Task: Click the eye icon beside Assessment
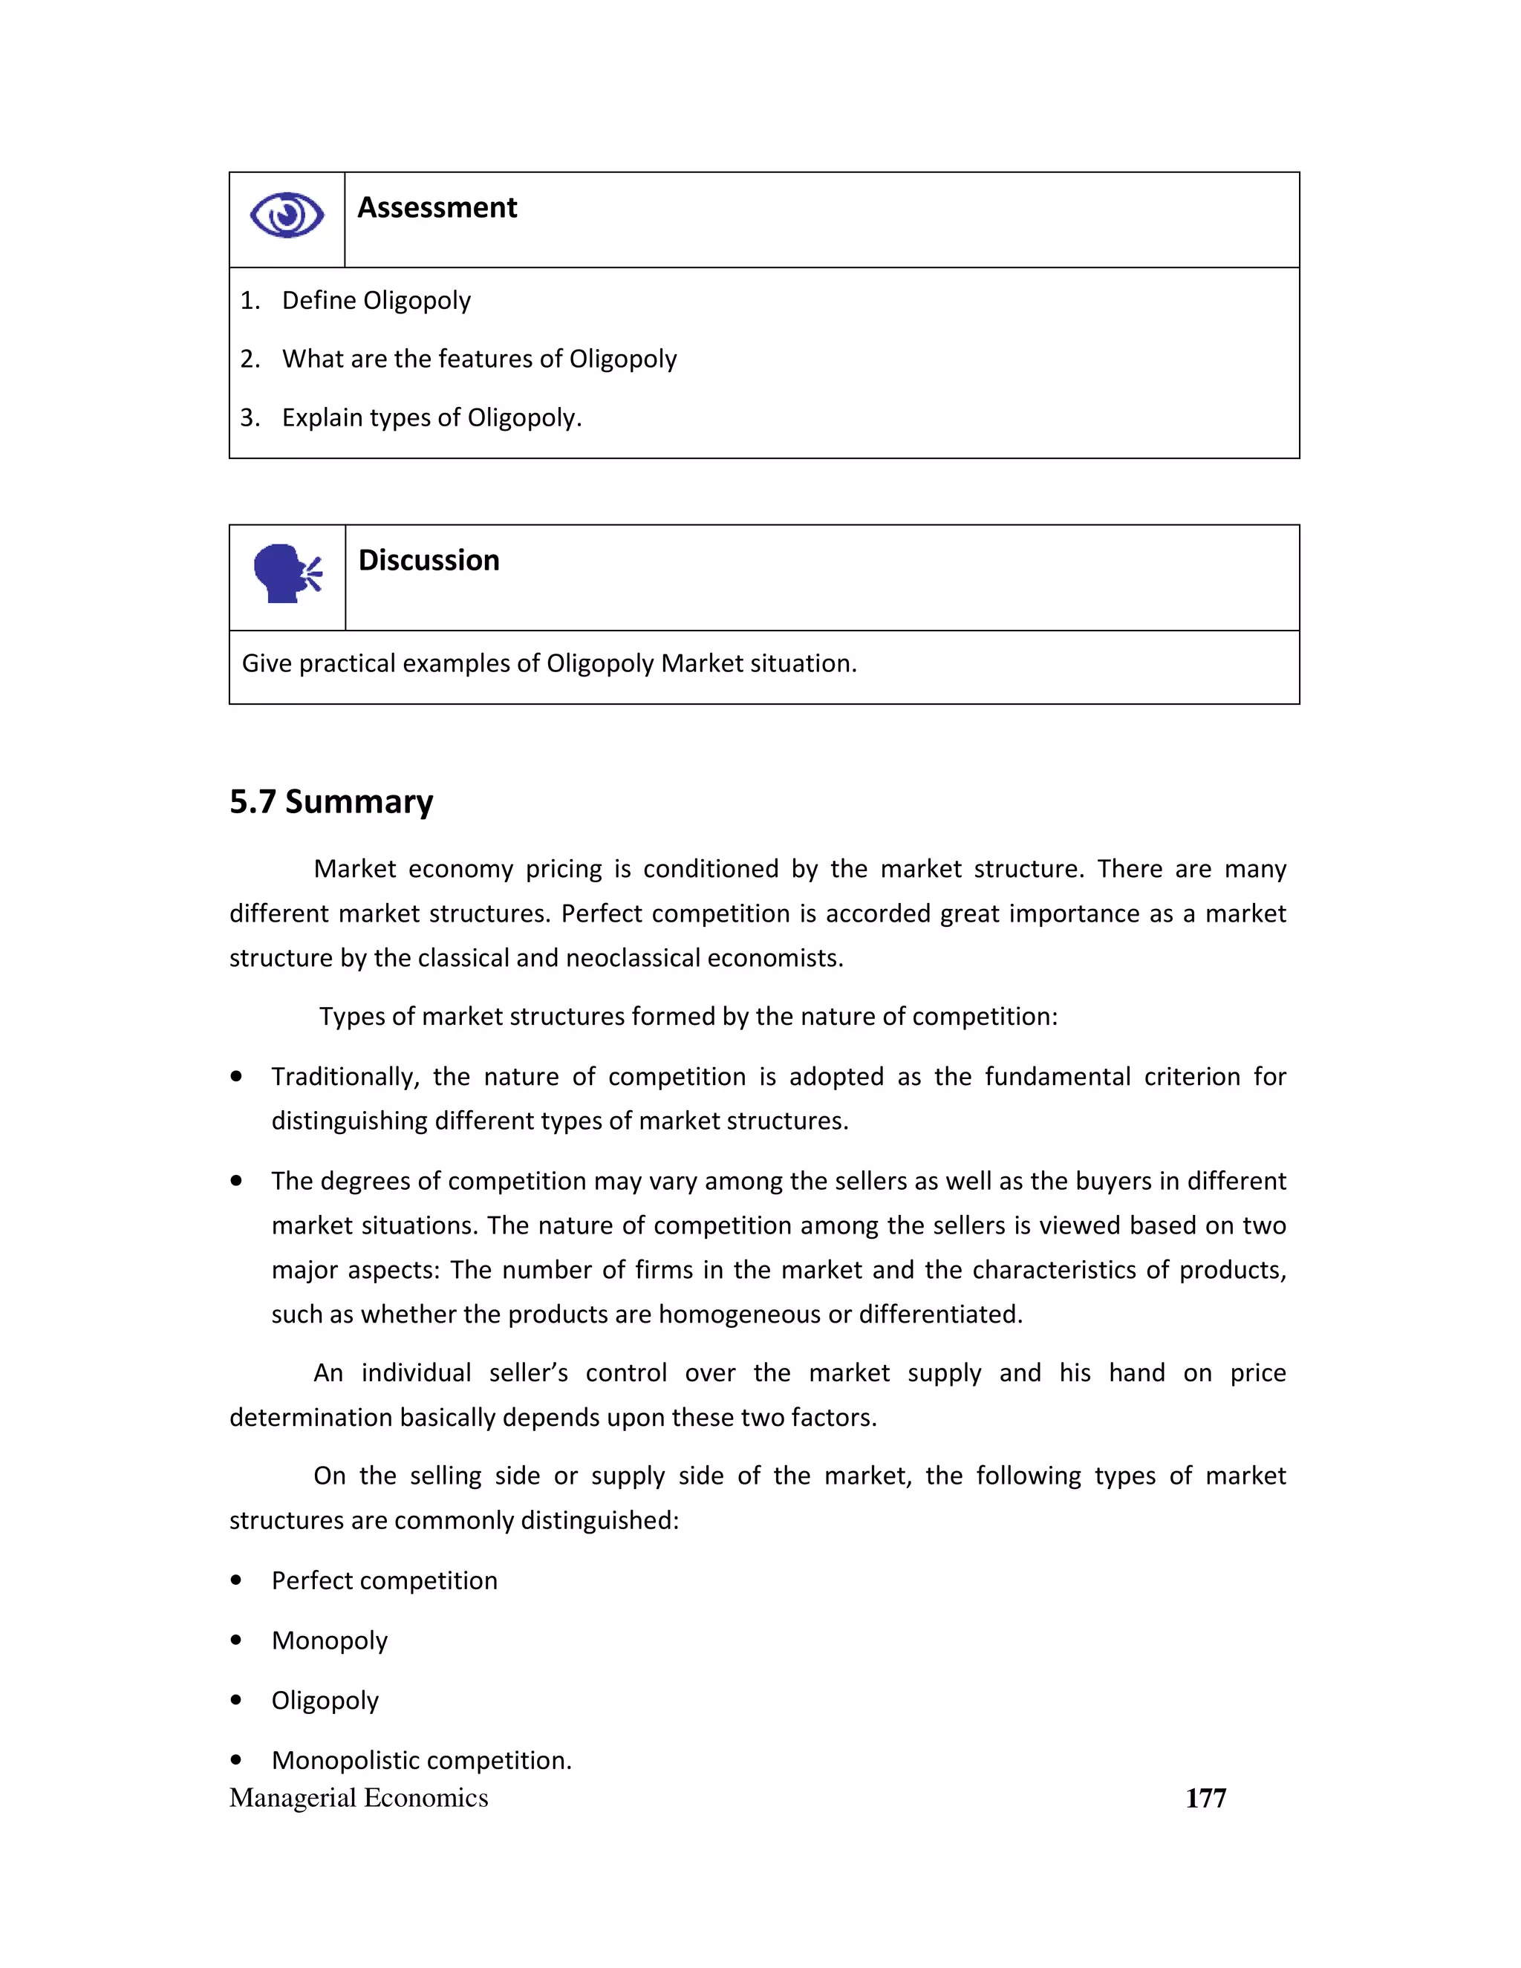tap(287, 215)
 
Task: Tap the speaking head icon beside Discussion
tap(287, 573)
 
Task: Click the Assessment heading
tap(437, 208)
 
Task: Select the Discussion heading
tap(429, 561)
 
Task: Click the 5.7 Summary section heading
tap(330, 801)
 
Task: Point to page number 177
tap(1205, 1798)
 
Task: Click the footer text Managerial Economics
tap(359, 1798)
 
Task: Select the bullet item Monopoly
tap(330, 1640)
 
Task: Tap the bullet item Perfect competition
tap(384, 1580)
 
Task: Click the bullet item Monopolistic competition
tap(422, 1760)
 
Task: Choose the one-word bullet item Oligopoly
tap(325, 1701)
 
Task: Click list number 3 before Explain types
tap(250, 418)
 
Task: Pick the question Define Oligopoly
tap(376, 300)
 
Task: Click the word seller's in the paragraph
tap(528, 1373)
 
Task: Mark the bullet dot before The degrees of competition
tap(237, 1181)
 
